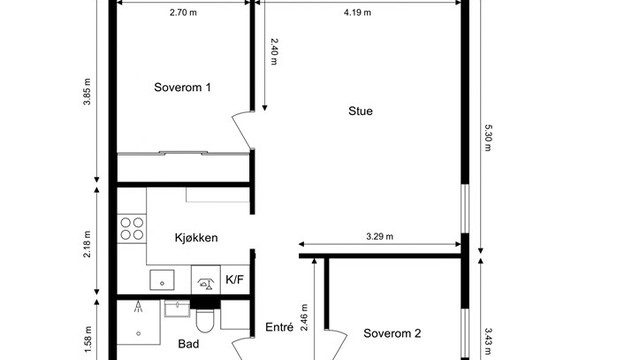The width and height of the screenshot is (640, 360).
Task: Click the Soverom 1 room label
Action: tap(182, 88)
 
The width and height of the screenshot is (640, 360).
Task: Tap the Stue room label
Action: tap(360, 111)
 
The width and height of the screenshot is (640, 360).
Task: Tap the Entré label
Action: tap(278, 327)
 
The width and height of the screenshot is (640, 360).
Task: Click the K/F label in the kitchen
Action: tap(236, 280)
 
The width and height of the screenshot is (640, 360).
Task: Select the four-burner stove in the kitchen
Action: tap(132, 228)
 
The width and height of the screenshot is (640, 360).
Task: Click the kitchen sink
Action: tap(161, 279)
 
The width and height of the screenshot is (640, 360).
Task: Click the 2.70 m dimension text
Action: tap(182, 13)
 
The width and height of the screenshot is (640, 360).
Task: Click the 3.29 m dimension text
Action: tap(380, 237)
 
